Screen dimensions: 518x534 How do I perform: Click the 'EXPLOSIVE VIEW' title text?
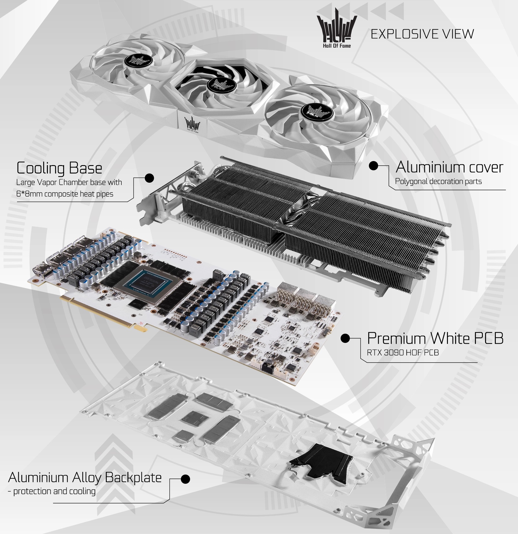click(422, 34)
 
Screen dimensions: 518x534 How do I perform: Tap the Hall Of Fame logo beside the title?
click(334, 28)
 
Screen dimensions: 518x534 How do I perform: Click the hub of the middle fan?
click(220, 83)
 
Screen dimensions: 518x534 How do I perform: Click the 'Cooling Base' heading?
click(59, 168)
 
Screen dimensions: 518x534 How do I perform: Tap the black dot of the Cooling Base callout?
click(149, 178)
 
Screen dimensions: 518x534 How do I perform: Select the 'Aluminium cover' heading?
click(449, 167)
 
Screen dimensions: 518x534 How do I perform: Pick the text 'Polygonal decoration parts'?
click(438, 182)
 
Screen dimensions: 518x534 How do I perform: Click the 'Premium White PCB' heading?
click(435, 338)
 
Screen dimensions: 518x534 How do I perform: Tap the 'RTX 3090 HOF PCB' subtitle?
click(403, 352)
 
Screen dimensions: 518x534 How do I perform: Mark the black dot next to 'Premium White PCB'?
click(345, 338)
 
